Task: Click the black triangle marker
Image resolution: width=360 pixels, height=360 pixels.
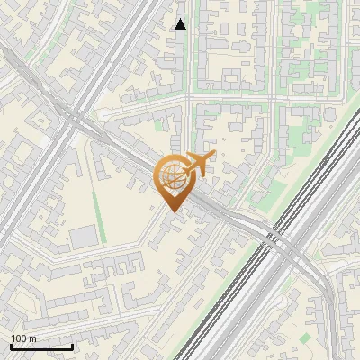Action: click(180, 24)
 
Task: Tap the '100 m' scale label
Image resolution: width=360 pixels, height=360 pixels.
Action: click(23, 338)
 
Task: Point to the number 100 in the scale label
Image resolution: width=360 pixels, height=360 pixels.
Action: click(18, 338)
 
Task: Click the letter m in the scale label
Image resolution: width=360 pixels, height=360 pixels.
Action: click(32, 338)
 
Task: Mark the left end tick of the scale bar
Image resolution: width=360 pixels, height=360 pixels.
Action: click(11, 346)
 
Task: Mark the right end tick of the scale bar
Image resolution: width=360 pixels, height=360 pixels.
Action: click(72, 346)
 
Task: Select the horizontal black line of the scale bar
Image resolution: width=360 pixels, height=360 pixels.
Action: click(41, 347)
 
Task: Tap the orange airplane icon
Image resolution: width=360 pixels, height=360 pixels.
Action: click(198, 165)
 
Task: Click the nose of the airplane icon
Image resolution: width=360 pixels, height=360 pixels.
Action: click(212, 155)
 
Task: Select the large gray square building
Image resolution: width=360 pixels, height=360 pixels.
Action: click(83, 238)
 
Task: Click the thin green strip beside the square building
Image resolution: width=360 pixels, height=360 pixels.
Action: click(101, 229)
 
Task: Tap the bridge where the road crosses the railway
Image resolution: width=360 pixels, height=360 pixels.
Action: click(281, 241)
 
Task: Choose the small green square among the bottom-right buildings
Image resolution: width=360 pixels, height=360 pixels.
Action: click(305, 337)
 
